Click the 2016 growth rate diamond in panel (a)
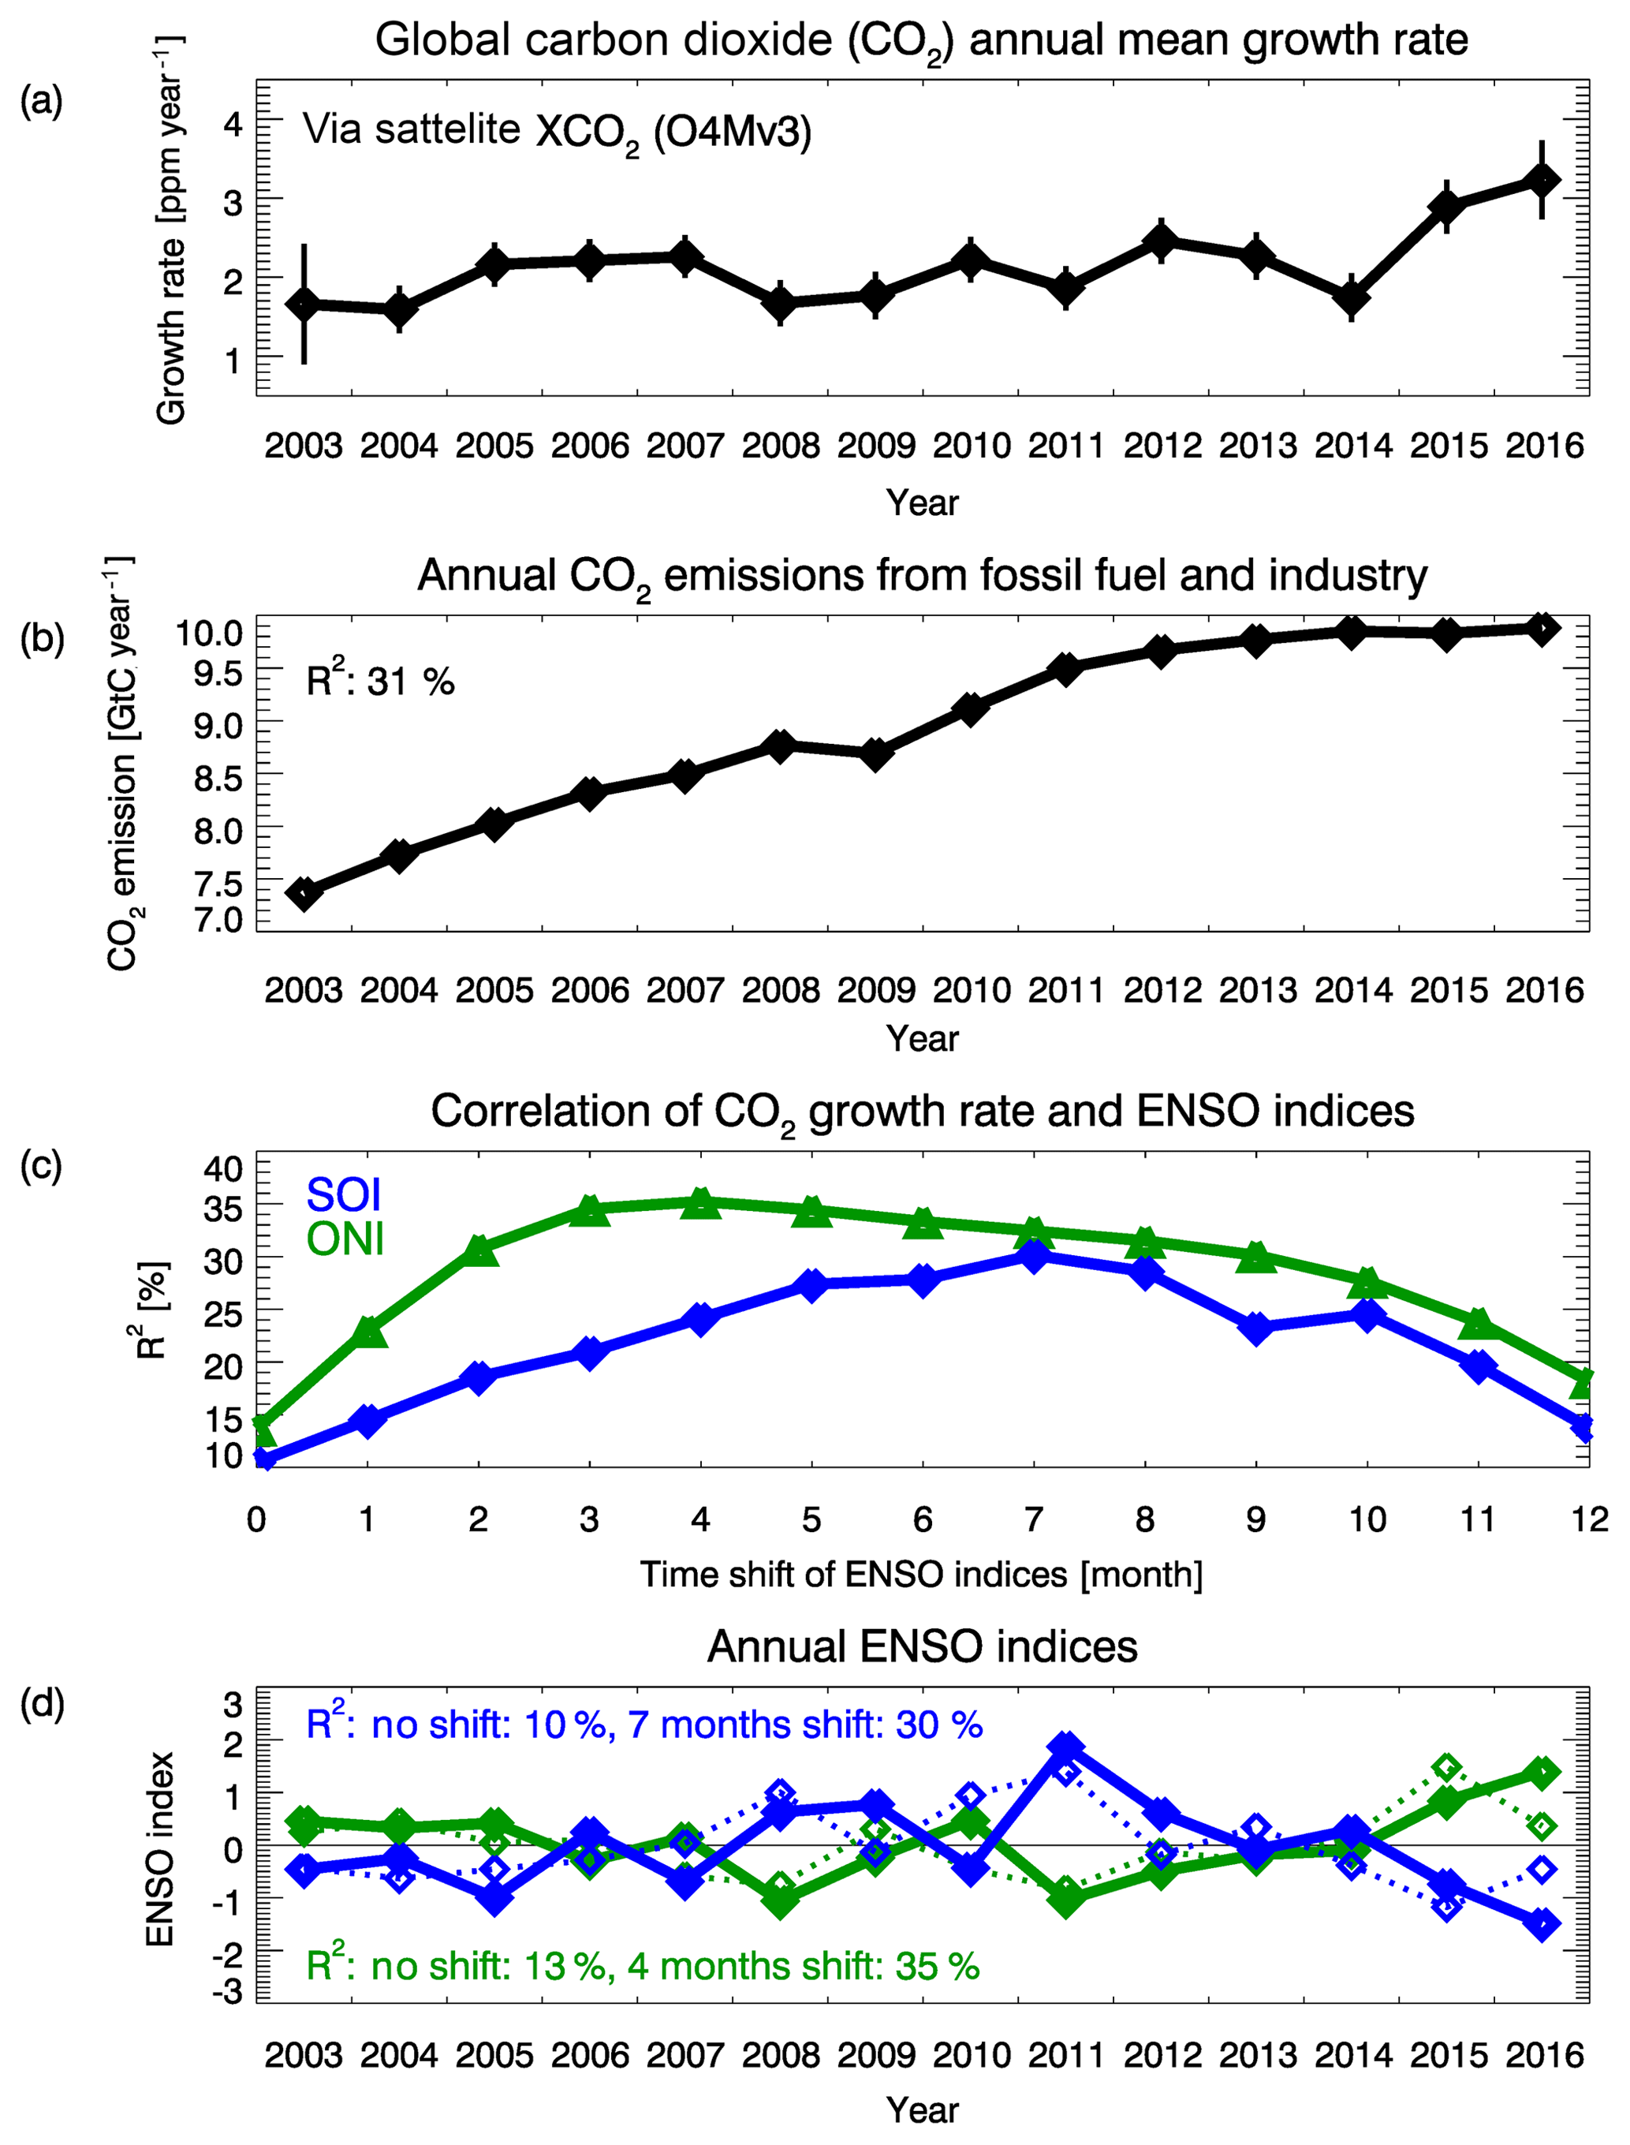click(x=1542, y=181)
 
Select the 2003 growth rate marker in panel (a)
click(x=304, y=304)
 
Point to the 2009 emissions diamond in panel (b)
click(x=875, y=753)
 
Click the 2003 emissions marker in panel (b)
click(x=304, y=893)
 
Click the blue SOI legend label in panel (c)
click(x=344, y=1195)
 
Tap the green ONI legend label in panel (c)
click(x=345, y=1239)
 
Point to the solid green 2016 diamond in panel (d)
click(x=1542, y=1773)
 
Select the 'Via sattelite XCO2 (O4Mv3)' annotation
click(x=557, y=131)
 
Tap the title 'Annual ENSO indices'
click(x=922, y=1647)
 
